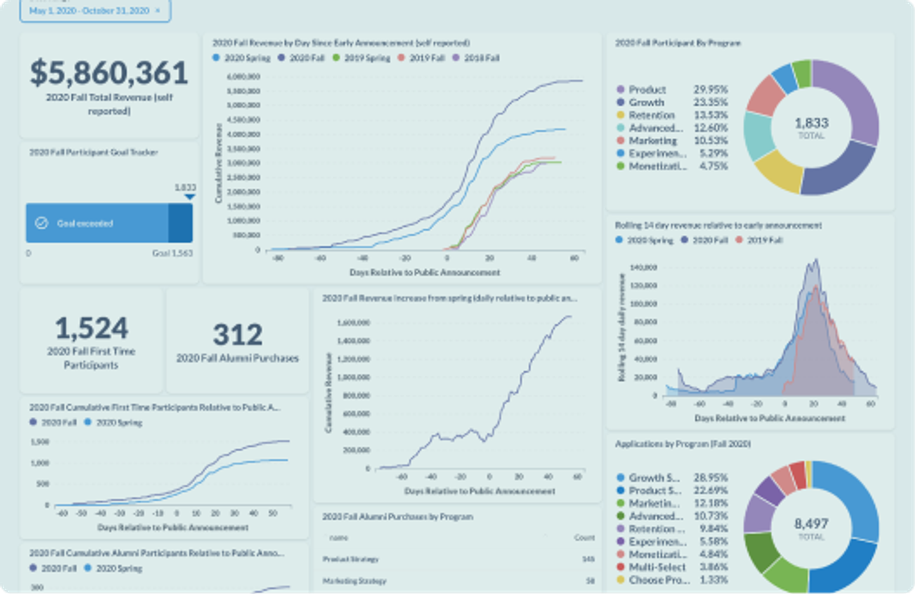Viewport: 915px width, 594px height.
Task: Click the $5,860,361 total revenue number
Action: coord(109,73)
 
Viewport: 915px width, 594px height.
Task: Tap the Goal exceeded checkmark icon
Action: coord(42,223)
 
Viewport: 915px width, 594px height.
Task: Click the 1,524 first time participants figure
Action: coord(91,328)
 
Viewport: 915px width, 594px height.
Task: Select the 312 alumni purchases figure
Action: coord(237,335)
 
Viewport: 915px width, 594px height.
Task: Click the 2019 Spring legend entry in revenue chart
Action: coord(361,58)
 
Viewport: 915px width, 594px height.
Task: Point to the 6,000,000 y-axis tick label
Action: coord(243,77)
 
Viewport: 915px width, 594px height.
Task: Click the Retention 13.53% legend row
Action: coord(672,115)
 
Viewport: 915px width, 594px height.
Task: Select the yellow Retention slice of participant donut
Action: coord(778,171)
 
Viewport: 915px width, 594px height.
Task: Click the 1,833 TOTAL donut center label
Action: coord(811,127)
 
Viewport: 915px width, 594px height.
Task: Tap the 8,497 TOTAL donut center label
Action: coord(811,527)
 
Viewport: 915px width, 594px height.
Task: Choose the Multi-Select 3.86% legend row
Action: coord(672,567)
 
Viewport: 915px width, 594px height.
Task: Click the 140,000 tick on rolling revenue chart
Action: coord(643,267)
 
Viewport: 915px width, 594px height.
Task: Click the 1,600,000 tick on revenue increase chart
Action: coord(353,323)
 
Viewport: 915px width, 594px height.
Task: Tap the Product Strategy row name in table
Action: coord(350,559)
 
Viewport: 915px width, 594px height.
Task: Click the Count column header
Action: coord(584,538)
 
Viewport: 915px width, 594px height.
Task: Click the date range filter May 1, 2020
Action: coord(89,11)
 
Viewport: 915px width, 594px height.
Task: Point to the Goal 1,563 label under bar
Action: coord(172,253)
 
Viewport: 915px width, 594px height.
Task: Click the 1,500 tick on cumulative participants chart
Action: coord(40,442)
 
